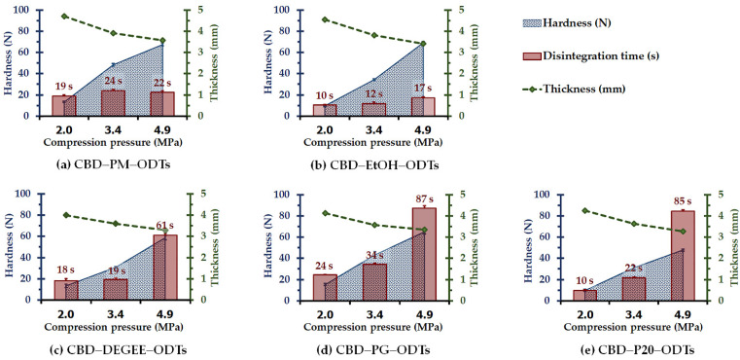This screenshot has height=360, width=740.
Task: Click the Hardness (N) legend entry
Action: (603, 22)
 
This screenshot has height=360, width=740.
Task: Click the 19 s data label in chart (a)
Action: (64, 87)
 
